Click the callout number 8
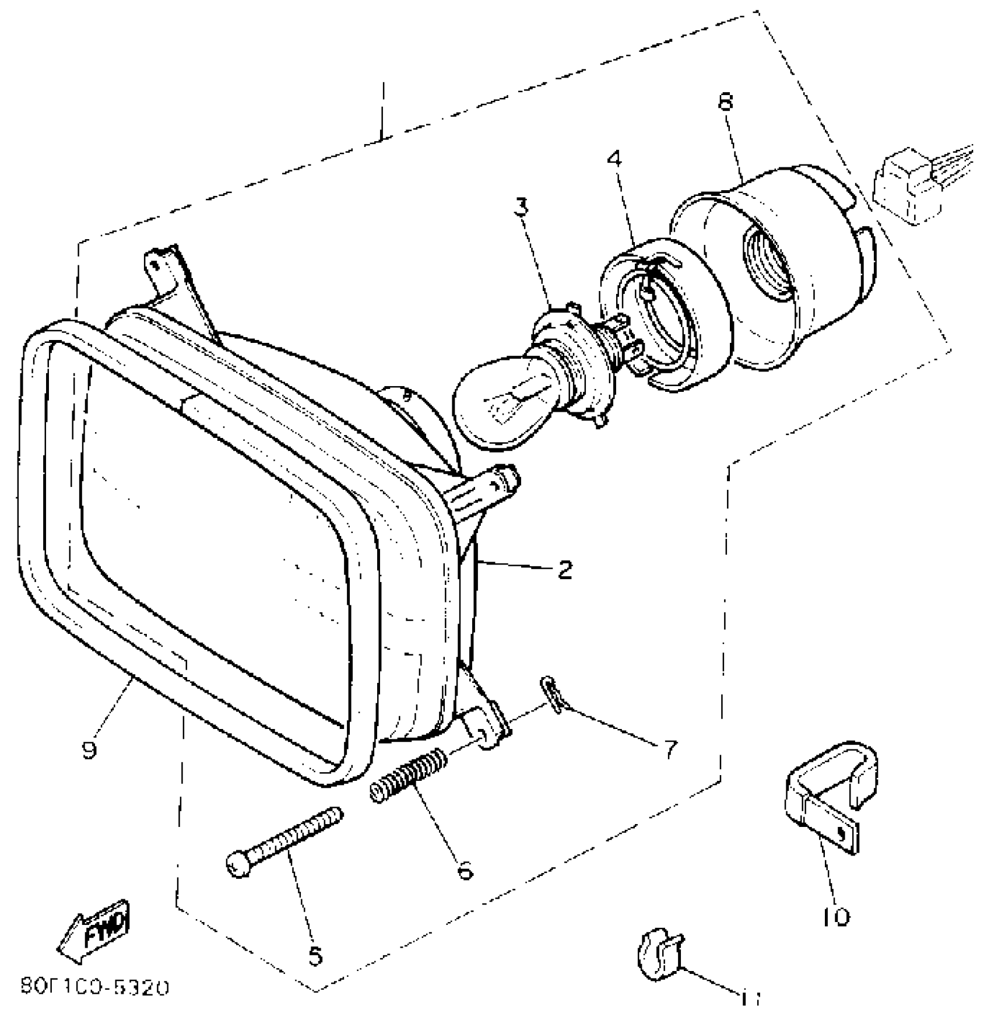coord(725,103)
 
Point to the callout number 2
coord(564,569)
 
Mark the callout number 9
coord(89,751)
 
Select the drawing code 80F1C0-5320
coord(95,987)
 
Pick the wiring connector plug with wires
coord(915,187)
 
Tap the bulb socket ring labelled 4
coord(665,309)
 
